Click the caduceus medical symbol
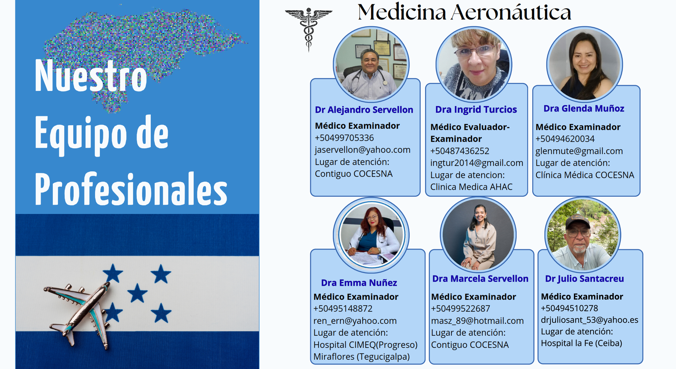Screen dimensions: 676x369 pos(309,29)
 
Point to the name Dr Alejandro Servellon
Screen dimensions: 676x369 pos(364,110)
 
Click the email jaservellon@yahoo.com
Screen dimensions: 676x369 pos(362,150)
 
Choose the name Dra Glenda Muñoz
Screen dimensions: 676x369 pos(584,109)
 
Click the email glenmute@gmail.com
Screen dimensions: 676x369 pos(579,151)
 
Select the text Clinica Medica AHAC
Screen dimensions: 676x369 pos(471,187)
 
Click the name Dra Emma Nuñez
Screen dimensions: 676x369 pos(359,283)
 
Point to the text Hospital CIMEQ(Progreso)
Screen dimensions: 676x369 pos(366,345)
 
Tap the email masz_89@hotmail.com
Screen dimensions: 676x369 pos(477,321)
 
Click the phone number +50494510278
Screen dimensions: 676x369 pos(569,308)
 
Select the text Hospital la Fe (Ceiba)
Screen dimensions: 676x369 pos(581,343)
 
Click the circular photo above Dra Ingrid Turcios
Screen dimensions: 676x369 pos(474,64)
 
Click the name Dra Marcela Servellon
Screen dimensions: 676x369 pos(480,279)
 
